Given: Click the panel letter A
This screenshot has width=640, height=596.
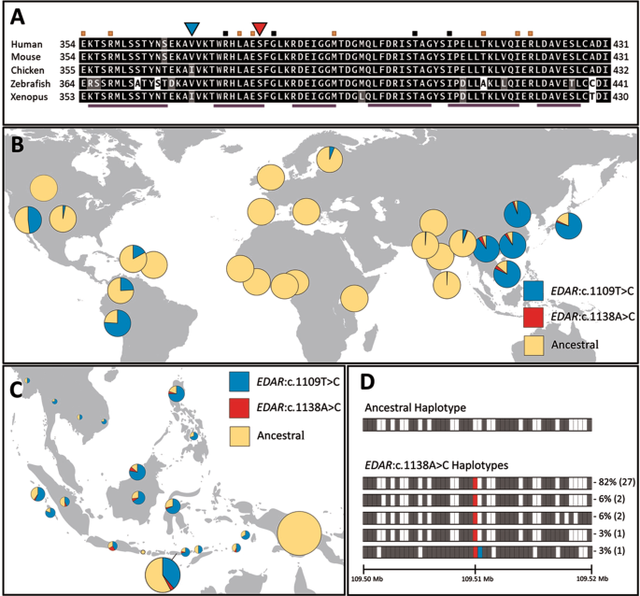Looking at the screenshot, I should click(17, 15).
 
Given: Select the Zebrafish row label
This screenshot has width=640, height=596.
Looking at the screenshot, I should click(32, 83).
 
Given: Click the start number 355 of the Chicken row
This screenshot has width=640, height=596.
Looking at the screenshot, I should click(68, 70).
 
